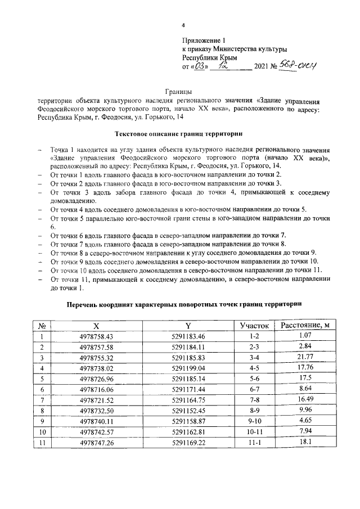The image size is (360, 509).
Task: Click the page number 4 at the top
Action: point(183,26)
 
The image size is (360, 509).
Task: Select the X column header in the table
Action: point(96,326)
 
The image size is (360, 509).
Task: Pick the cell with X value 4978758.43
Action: point(97,336)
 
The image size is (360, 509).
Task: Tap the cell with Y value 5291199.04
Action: point(188,368)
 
